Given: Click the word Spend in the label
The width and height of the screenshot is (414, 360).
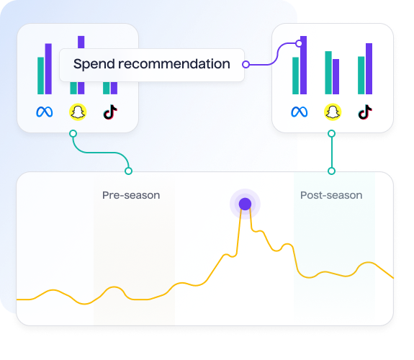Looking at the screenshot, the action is tap(94, 64).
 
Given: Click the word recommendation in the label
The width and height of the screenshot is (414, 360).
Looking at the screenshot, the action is tap(174, 64).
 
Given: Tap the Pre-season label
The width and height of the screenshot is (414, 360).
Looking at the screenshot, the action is tap(131, 195).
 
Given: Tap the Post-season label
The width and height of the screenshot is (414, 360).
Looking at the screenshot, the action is tap(331, 195).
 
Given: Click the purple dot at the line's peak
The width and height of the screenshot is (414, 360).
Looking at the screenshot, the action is tap(245, 204).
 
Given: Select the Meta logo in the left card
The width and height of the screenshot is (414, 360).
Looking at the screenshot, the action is tap(45, 112).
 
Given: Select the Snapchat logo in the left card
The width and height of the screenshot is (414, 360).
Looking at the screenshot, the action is tap(78, 112).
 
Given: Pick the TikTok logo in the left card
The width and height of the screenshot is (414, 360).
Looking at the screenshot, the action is tap(110, 112).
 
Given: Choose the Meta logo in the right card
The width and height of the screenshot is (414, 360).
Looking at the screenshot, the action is tap(299, 112).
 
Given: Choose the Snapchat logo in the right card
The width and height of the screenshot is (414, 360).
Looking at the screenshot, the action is tap(333, 112).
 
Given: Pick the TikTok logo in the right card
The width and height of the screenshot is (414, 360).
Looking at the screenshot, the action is tap(365, 112).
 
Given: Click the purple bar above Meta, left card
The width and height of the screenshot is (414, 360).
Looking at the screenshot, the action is tap(48, 68).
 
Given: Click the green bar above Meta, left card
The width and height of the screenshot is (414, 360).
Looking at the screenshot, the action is tap(40, 76).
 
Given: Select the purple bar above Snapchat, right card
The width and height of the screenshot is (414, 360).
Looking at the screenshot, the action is tap(336, 76).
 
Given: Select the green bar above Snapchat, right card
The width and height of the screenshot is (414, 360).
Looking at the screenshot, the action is tap(328, 73).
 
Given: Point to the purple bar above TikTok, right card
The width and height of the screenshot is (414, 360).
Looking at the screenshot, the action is tap(369, 68).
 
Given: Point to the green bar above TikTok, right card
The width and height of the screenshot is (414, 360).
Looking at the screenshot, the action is tap(361, 76).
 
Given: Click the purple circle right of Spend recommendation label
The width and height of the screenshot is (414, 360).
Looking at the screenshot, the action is tap(246, 64).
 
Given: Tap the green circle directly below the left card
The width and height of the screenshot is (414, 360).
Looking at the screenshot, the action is tap(73, 134).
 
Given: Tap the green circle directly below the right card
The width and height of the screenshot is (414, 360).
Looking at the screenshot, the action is tap(332, 134).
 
